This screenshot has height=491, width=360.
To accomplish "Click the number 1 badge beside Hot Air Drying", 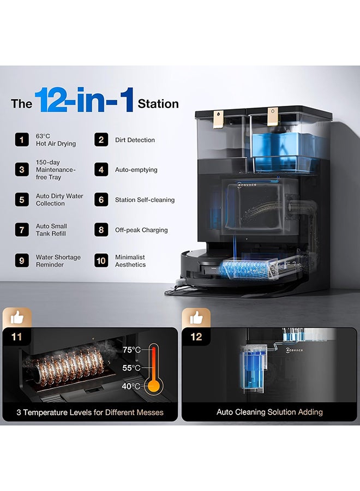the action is (22, 140).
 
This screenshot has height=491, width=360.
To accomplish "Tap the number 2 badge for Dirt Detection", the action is (101, 140).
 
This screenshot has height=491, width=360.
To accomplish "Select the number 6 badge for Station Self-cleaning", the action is (101, 200).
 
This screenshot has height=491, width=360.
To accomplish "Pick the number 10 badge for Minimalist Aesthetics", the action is (101, 261).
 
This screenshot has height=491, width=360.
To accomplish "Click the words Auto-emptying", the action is (136, 170).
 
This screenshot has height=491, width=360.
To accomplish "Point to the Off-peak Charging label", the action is (141, 230).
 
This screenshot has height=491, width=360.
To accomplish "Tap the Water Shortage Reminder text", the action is (58, 261).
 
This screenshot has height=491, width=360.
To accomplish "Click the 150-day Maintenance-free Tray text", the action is (56, 170).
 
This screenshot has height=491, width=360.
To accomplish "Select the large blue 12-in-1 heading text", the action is (85, 100).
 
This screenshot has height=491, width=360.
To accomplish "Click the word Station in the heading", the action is (158, 104).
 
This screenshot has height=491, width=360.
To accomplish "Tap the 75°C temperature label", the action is (131, 350).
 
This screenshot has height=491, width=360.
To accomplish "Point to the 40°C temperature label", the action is (131, 386).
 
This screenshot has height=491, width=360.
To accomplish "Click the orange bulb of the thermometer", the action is (154, 386).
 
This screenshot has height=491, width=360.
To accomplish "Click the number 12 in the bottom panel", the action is (196, 337).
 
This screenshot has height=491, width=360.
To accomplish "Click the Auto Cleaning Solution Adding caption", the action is (269, 412).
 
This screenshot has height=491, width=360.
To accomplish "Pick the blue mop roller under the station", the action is (244, 270).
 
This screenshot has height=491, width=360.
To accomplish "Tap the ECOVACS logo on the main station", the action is (247, 185).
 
